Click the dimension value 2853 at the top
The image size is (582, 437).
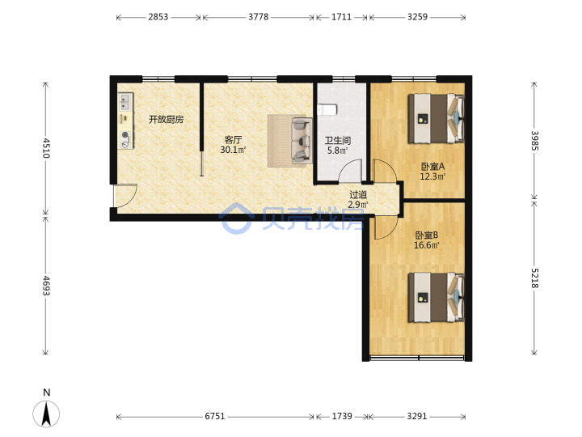(158, 17)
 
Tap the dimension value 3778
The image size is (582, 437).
(259, 17)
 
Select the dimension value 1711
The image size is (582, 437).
(341, 17)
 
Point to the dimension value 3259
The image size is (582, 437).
(418, 17)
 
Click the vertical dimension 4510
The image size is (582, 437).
(46, 148)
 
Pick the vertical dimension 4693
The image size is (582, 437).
(46, 286)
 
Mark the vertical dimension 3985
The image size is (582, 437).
(534, 141)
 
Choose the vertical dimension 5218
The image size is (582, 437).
(534, 278)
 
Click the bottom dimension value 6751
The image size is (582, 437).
(215, 416)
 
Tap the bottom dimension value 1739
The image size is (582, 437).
(342, 416)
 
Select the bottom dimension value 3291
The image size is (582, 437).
(417, 416)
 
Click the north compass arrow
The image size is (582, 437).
(46, 414)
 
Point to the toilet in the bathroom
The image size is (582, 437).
(327, 109)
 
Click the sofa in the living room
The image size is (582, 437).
(302, 141)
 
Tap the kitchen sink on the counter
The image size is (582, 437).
(125, 102)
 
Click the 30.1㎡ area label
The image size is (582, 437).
(233, 150)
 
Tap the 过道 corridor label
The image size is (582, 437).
(358, 194)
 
